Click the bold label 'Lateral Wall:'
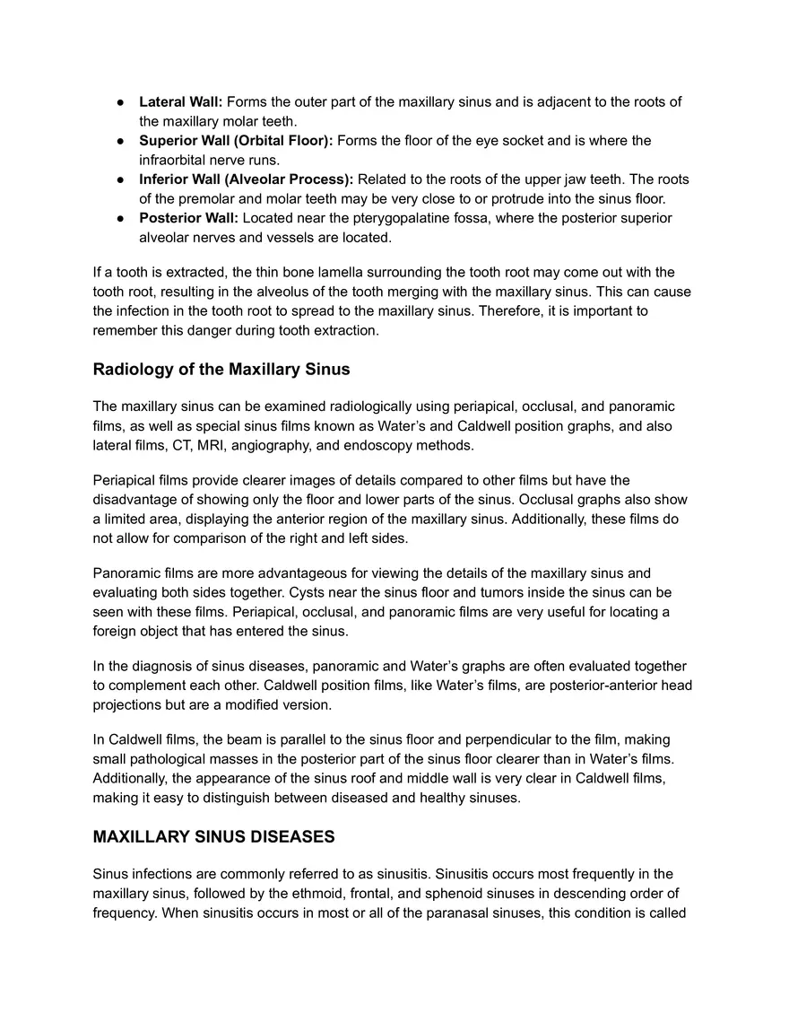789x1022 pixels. (x=180, y=102)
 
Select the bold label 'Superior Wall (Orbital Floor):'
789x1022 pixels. (x=236, y=141)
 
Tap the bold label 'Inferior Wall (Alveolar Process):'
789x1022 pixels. (x=246, y=179)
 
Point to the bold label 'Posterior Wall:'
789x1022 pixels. (x=188, y=218)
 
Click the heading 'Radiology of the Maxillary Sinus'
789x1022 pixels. (x=221, y=370)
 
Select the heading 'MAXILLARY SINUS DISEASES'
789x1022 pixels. (x=213, y=836)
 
